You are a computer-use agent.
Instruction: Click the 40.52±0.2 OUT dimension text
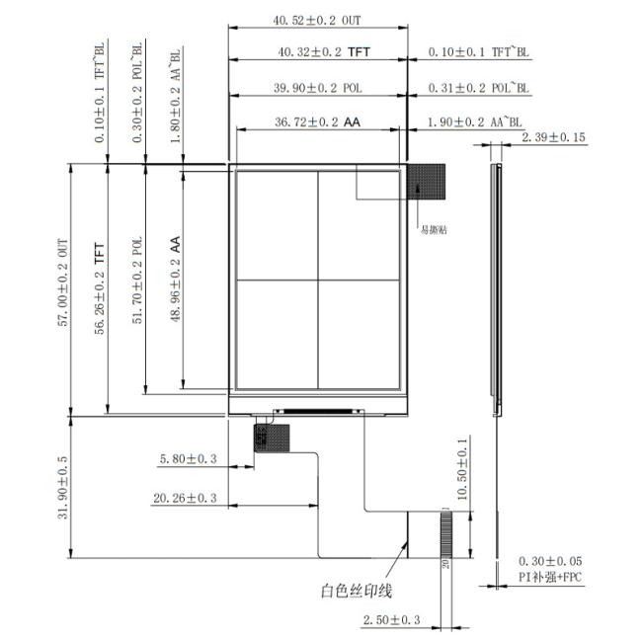click(317, 19)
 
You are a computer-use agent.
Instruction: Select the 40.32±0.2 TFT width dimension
click(317, 53)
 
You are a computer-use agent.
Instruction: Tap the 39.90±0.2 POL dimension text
click(317, 88)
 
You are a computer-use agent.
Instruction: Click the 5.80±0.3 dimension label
click(188, 459)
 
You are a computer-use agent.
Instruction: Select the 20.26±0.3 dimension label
click(184, 499)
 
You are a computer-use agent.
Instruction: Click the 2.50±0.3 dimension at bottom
click(391, 619)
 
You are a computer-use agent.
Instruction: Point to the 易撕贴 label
click(436, 229)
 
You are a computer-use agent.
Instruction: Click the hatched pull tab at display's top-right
click(428, 180)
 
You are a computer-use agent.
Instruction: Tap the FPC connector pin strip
click(445, 538)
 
